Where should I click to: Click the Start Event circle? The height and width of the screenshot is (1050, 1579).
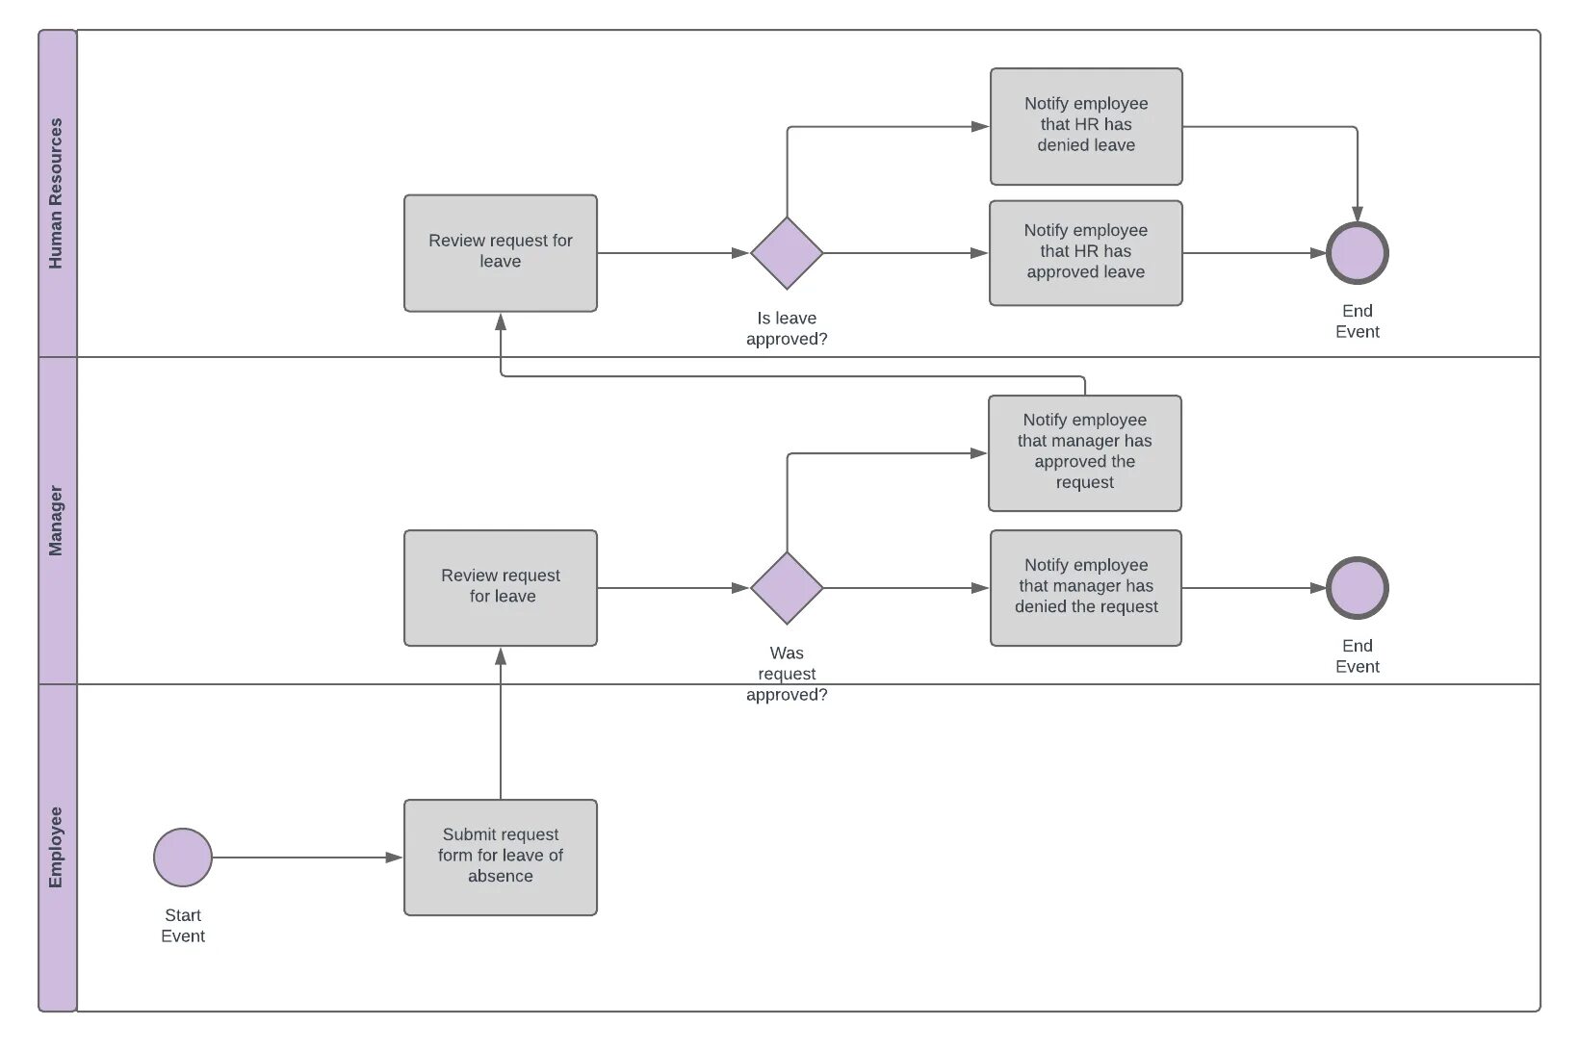pos(183,857)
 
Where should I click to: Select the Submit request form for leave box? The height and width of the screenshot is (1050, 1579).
pos(501,857)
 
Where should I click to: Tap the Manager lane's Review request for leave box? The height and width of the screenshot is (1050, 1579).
pos(501,587)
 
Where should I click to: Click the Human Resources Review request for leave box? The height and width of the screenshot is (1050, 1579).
pos(501,252)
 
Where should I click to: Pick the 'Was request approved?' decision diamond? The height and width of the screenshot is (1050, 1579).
pos(787,587)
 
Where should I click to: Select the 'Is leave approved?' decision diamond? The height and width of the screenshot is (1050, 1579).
pos(787,252)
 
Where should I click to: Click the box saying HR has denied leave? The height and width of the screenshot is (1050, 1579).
pos(1086,126)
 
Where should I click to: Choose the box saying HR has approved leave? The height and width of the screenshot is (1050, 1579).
pos(1086,252)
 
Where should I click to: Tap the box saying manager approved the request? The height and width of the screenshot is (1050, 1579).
pos(1085,452)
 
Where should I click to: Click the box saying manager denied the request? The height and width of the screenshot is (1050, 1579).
pos(1086,587)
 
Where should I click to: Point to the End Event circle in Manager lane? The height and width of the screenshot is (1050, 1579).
pos(1358,587)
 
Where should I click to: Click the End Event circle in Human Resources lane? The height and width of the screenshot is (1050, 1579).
pos(1358,252)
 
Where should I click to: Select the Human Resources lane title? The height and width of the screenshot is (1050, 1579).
pos(56,192)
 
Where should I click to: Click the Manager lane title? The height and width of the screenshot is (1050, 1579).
pos(56,520)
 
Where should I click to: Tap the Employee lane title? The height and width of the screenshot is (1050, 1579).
pos(56,847)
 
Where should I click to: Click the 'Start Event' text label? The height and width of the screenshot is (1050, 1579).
pos(183,925)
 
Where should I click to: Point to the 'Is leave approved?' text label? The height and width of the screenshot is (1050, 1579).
pos(787,328)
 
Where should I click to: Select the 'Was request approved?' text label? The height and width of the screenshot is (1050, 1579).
pos(787,674)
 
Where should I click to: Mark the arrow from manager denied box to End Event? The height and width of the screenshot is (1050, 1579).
pos(1252,587)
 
